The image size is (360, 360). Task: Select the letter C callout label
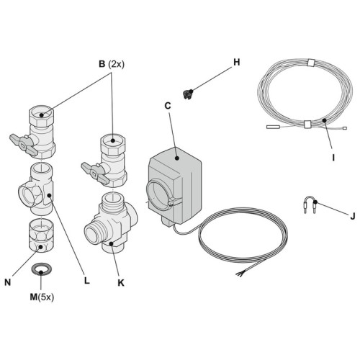point(168,106)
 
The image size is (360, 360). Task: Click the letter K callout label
point(120,282)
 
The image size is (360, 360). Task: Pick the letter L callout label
point(86,282)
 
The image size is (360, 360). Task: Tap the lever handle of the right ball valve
point(92,170)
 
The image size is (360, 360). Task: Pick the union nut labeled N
point(40,238)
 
